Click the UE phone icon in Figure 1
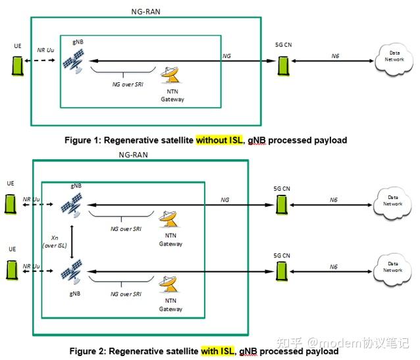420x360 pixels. (x=18, y=66)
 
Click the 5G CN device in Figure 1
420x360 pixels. (x=283, y=64)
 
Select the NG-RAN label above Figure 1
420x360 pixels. (x=145, y=11)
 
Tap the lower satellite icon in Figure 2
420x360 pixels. (x=72, y=270)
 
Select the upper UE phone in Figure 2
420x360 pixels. (x=11, y=201)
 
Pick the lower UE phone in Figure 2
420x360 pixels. (x=11, y=269)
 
